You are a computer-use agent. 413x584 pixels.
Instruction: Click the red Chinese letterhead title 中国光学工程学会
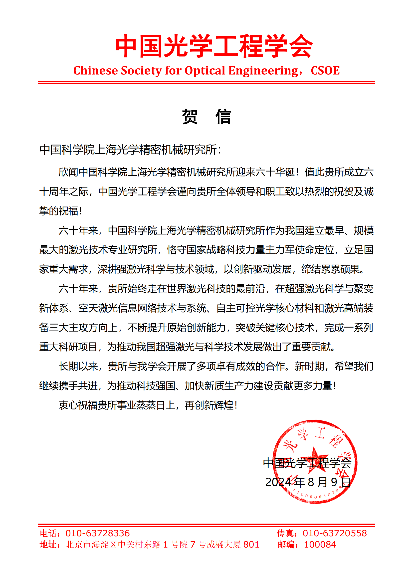pyautogui.click(x=214, y=46)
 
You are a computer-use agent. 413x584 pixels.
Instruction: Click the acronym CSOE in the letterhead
pyautogui.click(x=325, y=71)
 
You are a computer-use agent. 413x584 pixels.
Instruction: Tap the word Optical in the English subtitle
pyautogui.click(x=205, y=71)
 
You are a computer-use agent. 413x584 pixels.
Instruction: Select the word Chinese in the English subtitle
pyautogui.click(x=95, y=71)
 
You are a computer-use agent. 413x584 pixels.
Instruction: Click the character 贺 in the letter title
pyautogui.click(x=190, y=117)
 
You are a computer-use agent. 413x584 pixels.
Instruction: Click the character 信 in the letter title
pyautogui.click(x=223, y=117)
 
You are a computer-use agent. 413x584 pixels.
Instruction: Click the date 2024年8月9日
pyautogui.click(x=308, y=482)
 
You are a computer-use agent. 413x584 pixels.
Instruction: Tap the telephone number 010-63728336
pyautogui.click(x=98, y=533)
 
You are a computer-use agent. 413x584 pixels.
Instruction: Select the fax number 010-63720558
pyautogui.click(x=335, y=533)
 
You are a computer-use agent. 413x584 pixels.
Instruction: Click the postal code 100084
pyautogui.click(x=320, y=545)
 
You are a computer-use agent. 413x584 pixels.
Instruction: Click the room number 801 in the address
pyautogui.click(x=251, y=545)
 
